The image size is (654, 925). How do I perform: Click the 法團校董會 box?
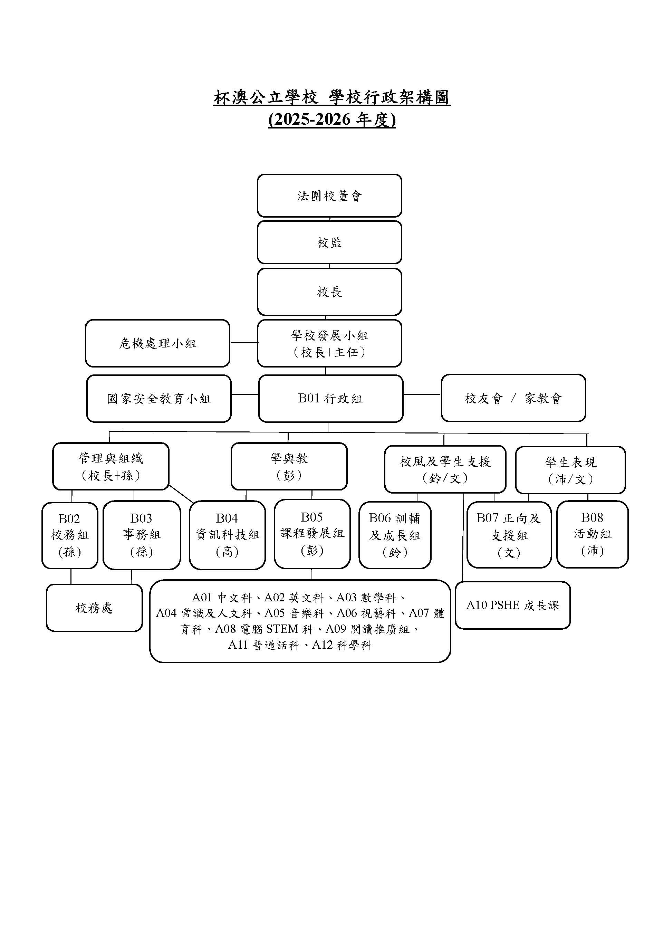click(x=329, y=196)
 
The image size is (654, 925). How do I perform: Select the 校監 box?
click(x=329, y=242)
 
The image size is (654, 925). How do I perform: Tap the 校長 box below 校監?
click(x=329, y=292)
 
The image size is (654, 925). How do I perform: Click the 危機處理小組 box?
click(x=157, y=343)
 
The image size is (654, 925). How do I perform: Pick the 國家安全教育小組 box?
click(x=159, y=399)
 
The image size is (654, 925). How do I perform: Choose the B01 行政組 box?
click(x=330, y=399)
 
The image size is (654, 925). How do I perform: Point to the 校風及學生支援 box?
click(x=445, y=469)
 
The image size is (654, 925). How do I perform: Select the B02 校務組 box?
click(x=70, y=535)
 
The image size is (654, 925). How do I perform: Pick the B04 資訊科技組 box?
click(x=227, y=535)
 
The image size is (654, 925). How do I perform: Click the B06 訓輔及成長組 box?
click(x=395, y=535)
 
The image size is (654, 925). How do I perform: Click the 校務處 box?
click(x=94, y=608)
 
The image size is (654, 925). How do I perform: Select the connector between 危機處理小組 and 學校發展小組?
click(x=244, y=343)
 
